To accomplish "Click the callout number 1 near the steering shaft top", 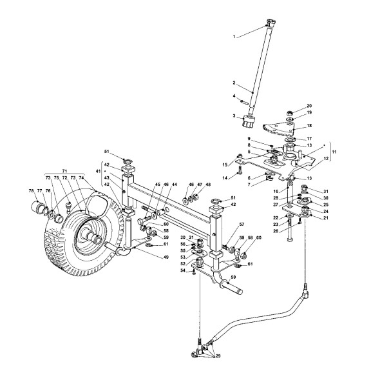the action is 234,37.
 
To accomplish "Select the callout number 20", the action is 309,106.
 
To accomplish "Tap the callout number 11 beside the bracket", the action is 334,152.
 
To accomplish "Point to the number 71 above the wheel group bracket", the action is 64,170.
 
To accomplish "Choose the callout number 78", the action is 31,190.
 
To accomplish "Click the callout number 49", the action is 166,257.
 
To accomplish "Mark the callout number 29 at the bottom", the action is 218,356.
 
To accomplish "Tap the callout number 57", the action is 242,224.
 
